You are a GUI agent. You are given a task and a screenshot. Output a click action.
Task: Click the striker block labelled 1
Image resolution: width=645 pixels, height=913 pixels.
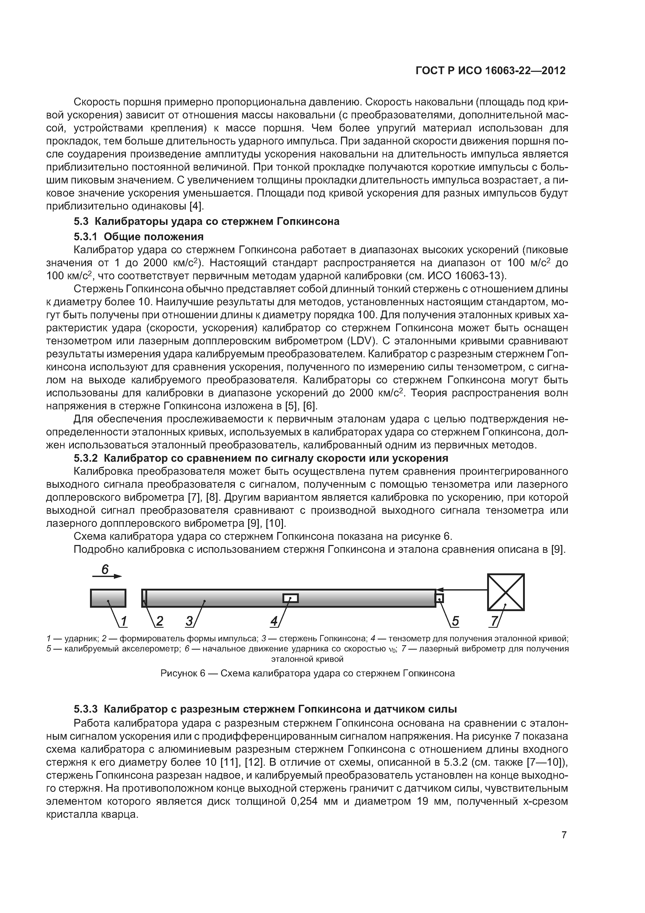coord(108,598)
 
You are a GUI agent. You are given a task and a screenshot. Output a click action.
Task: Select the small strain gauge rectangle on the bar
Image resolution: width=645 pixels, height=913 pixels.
coord(291,598)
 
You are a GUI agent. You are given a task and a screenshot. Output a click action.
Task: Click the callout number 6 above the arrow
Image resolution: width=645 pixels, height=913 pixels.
coord(105,569)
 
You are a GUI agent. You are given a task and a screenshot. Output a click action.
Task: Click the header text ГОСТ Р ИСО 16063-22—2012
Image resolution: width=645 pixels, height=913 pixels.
coord(491,71)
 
